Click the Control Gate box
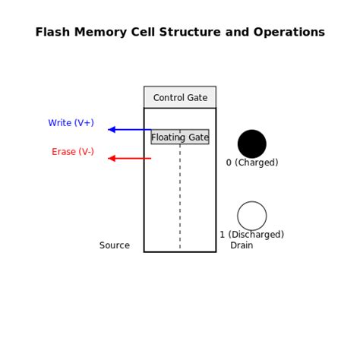180,97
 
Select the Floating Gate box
180,137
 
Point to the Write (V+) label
71,123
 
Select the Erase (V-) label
73,152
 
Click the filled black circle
252,144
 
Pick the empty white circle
252,216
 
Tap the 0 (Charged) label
252,163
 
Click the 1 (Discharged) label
252,235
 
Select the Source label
115,245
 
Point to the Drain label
242,245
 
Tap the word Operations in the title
292,33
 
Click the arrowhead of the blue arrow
111,130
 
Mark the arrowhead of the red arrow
111,159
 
